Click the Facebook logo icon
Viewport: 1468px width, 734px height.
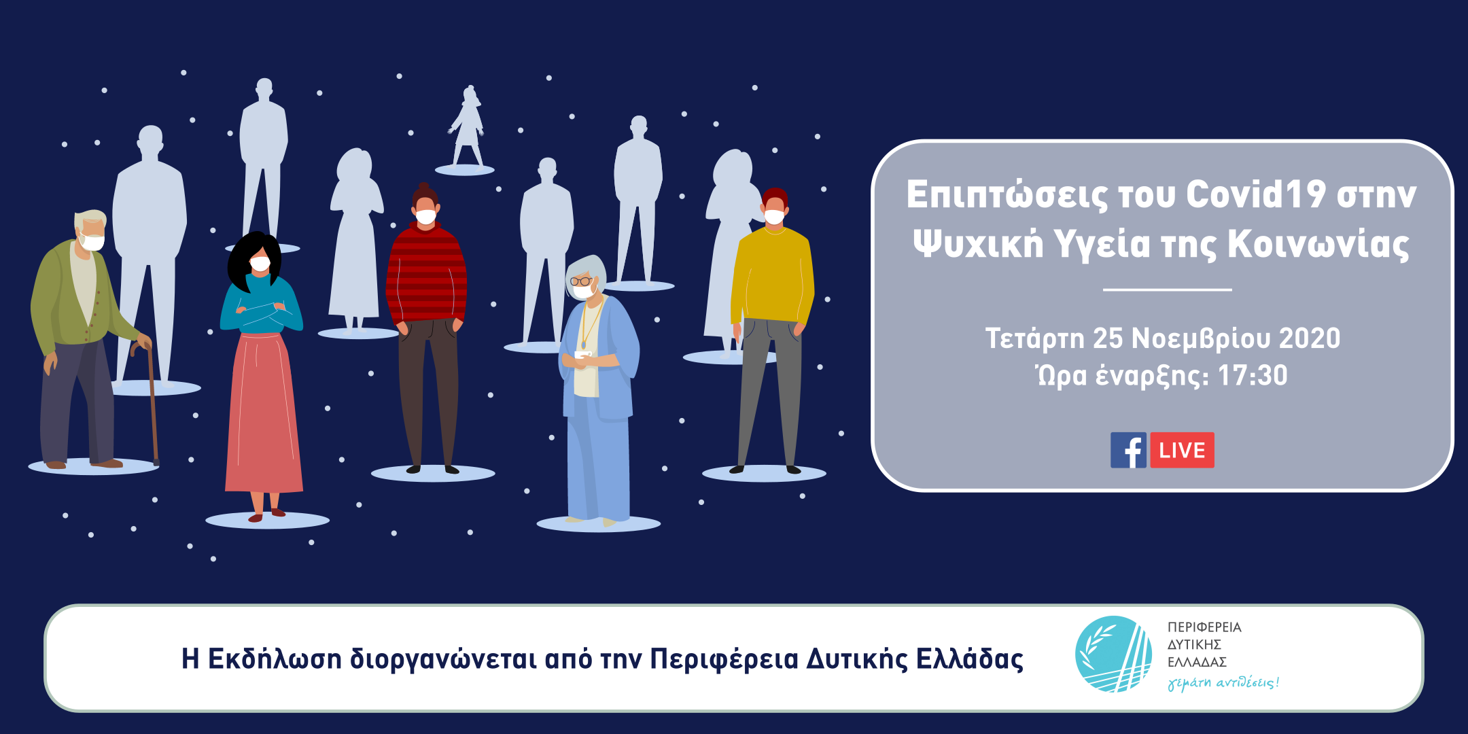point(1128,450)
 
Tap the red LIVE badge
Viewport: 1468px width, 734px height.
point(1182,450)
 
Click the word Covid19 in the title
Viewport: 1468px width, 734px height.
point(1256,194)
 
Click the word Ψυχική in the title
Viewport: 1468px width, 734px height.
point(978,243)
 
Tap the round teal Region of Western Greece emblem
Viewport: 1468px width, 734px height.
point(1113,654)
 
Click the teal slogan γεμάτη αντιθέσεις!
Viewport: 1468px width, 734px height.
point(1223,682)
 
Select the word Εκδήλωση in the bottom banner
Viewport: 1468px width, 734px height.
point(275,659)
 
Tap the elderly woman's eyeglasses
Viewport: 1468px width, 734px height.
point(580,281)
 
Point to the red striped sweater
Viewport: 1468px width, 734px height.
point(426,275)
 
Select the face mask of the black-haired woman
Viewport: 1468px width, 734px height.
point(260,264)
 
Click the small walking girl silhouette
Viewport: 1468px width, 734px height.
point(467,126)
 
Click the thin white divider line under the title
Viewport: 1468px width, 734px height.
point(1167,290)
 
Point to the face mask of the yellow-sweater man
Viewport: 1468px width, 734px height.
point(774,217)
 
